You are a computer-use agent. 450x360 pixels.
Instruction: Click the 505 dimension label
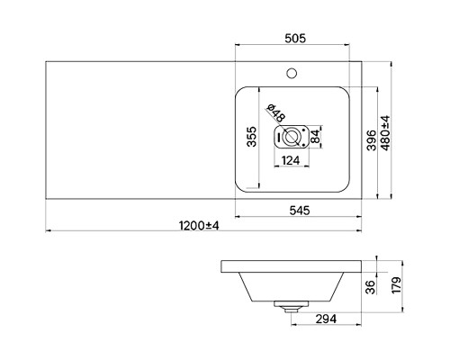(x=295, y=39)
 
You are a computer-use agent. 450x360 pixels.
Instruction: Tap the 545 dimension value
(x=300, y=211)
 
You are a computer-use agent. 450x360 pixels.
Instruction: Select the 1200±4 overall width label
(x=199, y=226)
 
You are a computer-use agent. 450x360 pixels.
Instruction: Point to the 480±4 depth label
(x=386, y=133)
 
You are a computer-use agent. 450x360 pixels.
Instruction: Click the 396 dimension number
(x=372, y=140)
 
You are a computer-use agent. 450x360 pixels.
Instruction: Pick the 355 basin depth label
(x=252, y=137)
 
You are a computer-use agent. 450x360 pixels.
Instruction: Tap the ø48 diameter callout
(x=276, y=113)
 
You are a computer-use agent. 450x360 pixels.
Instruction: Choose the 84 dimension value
(x=315, y=137)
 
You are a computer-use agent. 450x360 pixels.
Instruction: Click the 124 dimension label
(x=291, y=160)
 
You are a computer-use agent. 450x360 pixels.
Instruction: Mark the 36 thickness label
(x=371, y=287)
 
